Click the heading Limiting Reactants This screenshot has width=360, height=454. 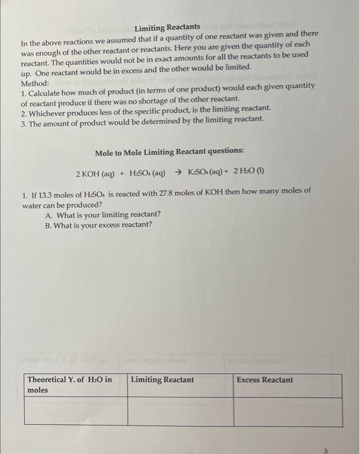[167, 27]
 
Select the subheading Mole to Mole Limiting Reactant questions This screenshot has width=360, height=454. [169, 152]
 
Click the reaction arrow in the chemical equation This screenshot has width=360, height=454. [178, 174]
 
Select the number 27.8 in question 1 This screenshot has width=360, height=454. [171, 192]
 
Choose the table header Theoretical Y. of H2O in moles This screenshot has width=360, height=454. [69, 385]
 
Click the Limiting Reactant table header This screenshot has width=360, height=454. [162, 380]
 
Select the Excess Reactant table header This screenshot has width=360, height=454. [265, 380]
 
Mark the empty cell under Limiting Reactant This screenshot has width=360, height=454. [180, 412]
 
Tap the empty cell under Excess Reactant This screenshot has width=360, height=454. [287, 412]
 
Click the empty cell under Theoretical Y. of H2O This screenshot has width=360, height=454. [75, 412]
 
